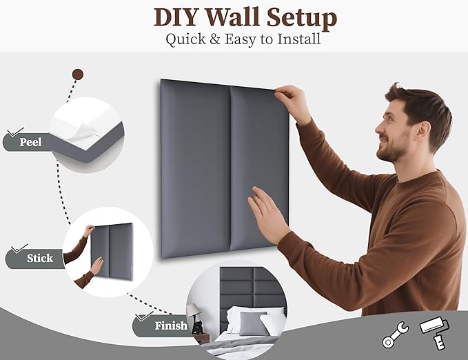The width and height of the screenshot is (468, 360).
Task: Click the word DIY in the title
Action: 176,17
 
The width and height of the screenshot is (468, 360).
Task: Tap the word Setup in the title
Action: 302,19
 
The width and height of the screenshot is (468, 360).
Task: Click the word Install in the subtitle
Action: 299,39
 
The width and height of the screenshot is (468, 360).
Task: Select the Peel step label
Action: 30,142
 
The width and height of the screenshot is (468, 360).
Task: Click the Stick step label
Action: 40,258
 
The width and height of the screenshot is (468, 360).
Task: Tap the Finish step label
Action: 171,326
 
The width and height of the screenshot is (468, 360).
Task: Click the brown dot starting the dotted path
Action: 78,74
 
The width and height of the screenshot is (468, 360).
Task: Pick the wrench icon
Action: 396,334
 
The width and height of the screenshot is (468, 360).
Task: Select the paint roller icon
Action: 434,332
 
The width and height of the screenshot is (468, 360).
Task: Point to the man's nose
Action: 379,128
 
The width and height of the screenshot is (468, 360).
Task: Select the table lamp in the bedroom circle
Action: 194,313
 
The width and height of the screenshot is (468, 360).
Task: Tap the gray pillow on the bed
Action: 253,323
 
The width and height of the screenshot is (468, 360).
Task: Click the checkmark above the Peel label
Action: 16,132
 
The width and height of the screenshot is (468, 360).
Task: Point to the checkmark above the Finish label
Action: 144,316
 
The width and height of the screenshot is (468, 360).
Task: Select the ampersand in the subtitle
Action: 215,39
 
